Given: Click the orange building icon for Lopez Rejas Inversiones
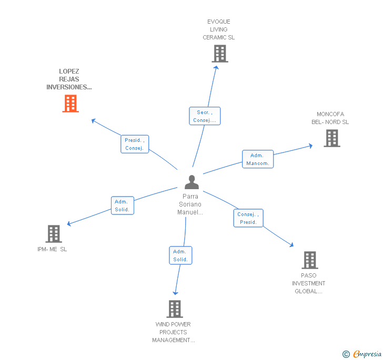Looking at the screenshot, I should click(x=70, y=104).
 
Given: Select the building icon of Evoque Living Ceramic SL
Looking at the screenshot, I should click(x=220, y=54).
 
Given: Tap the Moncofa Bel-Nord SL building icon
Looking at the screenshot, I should click(x=331, y=138).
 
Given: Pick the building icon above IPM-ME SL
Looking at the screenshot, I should click(x=53, y=234).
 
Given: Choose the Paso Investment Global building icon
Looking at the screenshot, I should click(x=309, y=260).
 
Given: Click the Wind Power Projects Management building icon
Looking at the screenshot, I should click(x=175, y=309).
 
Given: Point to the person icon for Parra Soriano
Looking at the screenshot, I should click(x=191, y=182).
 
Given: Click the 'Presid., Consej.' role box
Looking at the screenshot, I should click(x=135, y=144).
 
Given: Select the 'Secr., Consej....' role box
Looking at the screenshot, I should click(x=205, y=116).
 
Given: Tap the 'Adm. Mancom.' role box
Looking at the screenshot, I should click(x=258, y=159).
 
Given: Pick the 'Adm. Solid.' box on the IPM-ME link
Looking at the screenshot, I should click(x=123, y=205).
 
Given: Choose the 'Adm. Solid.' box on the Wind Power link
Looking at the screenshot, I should click(x=180, y=255).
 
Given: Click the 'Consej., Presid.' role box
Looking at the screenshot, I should click(x=248, y=218).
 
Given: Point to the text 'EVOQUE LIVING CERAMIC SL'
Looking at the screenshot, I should click(x=219, y=29).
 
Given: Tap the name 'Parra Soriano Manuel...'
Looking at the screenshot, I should click(x=190, y=204).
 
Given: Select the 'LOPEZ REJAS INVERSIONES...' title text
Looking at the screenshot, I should click(x=69, y=79).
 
